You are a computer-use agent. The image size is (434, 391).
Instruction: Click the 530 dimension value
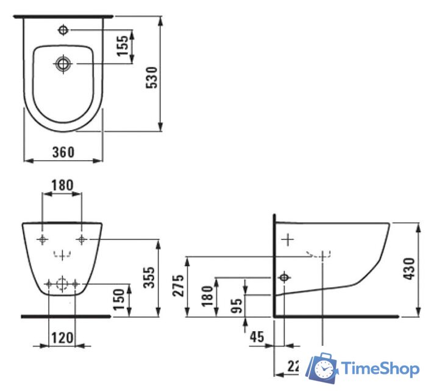tap(155, 78)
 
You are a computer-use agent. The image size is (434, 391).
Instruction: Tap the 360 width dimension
tap(63, 152)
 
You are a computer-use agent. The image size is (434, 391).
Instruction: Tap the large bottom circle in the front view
tap(62, 283)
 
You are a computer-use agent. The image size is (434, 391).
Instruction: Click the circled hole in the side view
tap(283, 277)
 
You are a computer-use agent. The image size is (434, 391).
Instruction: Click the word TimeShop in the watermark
tap(380, 368)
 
